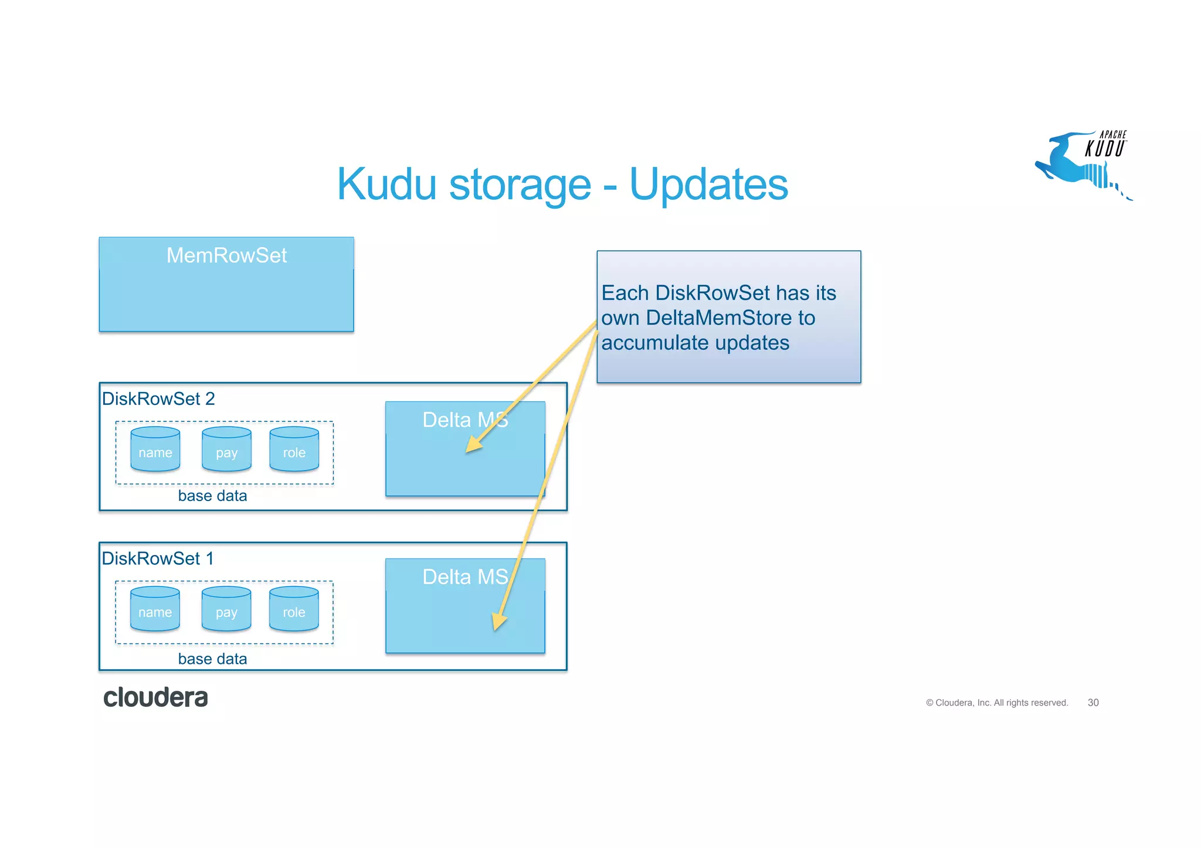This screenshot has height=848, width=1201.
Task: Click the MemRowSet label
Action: [x=226, y=256]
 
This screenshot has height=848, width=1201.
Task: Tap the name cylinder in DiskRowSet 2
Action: [x=155, y=450]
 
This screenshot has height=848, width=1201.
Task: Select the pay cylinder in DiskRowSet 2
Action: [x=226, y=450]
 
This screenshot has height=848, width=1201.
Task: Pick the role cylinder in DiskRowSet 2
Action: [x=294, y=450]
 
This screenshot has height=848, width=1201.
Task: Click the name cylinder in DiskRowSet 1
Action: [x=155, y=609]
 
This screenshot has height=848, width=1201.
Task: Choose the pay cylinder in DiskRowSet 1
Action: [x=226, y=609]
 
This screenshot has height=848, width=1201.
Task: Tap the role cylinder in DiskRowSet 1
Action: [x=294, y=609]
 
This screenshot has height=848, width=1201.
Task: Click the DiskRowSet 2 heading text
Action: [x=158, y=399]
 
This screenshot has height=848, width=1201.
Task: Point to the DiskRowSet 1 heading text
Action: [x=158, y=558]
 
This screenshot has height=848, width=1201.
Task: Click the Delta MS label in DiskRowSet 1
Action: [x=464, y=577]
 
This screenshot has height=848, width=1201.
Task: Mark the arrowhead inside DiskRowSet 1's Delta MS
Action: [x=498, y=622]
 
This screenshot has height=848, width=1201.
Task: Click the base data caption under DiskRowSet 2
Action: [x=212, y=496]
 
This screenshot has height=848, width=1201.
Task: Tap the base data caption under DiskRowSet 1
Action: [x=212, y=659]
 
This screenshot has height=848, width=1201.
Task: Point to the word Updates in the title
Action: [x=708, y=184]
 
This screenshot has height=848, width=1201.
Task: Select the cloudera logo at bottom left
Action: [x=155, y=697]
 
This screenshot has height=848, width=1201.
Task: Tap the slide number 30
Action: [x=1093, y=703]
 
